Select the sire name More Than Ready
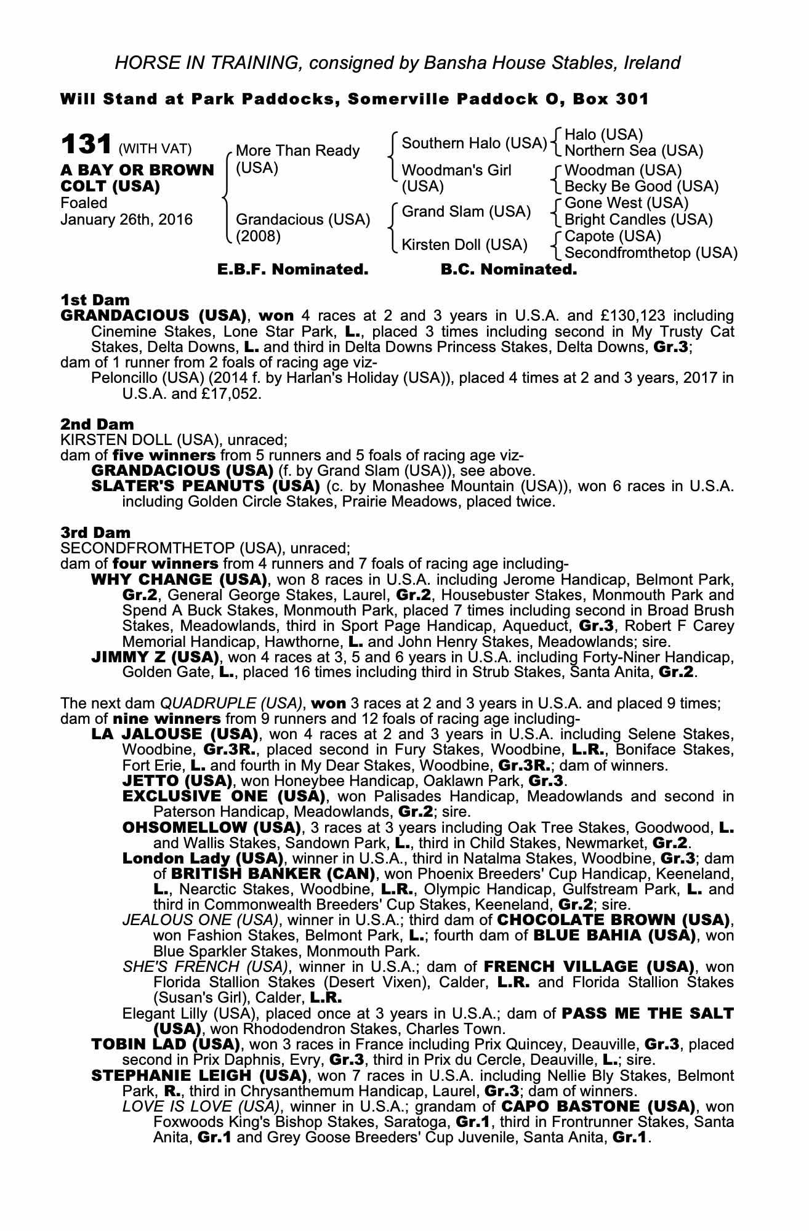(x=297, y=151)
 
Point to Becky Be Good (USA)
(x=641, y=186)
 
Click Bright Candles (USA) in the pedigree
(x=638, y=220)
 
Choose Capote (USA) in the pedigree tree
(x=613, y=236)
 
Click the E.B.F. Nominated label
(x=293, y=270)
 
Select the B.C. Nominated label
(x=509, y=270)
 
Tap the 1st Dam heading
(x=95, y=300)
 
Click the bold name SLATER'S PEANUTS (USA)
(x=205, y=486)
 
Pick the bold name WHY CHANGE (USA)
(x=179, y=580)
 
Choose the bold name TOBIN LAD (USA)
(x=164, y=1045)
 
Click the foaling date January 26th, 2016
(x=126, y=220)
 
